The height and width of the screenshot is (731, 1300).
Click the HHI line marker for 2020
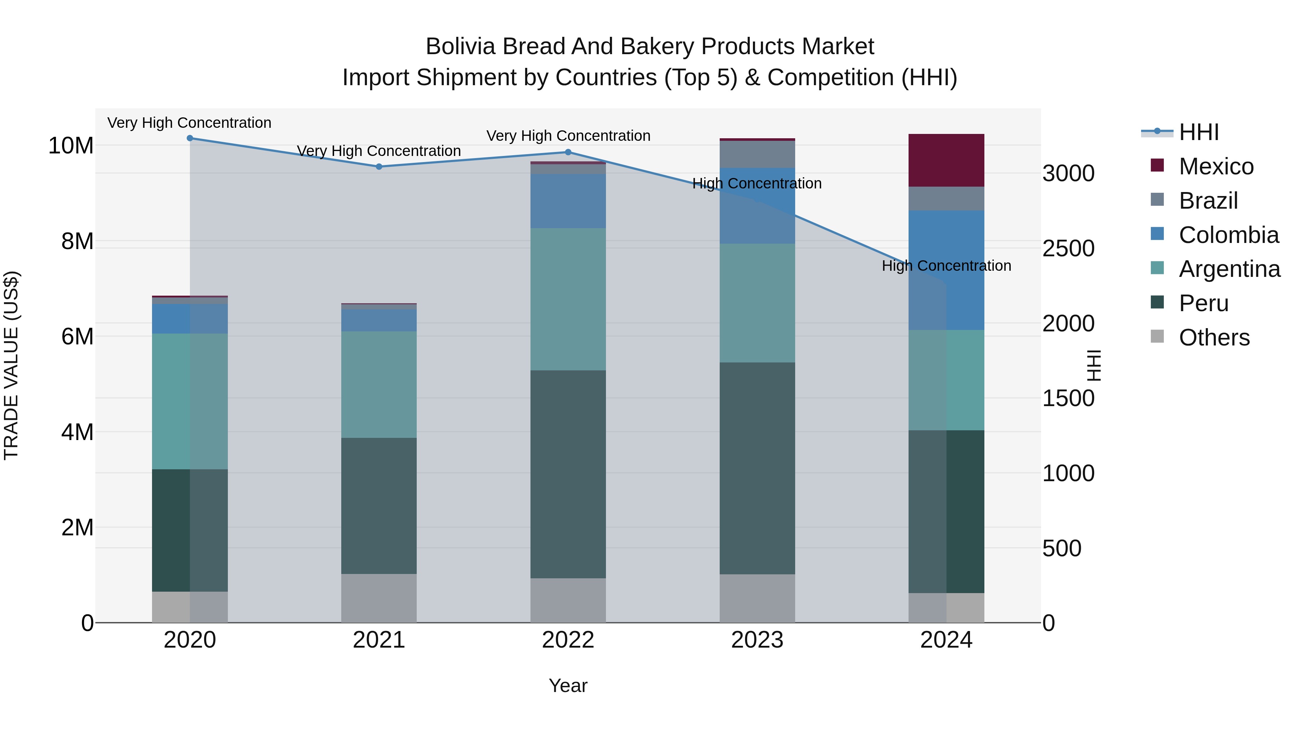pos(190,138)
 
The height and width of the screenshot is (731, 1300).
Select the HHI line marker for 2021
pos(379,166)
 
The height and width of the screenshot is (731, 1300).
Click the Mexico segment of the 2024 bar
pos(946,160)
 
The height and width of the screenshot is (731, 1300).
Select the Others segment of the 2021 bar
pos(379,598)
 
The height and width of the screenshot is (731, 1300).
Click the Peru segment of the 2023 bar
pos(757,468)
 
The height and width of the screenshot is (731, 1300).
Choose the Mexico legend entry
pos(1216,166)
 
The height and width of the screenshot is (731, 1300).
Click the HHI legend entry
pos(1198,132)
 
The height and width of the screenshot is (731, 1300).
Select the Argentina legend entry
pos(1229,269)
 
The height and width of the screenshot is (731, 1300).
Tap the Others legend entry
pos(1214,338)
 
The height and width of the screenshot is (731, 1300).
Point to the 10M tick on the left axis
pos(71,146)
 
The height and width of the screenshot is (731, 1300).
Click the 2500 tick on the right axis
pos(1069,249)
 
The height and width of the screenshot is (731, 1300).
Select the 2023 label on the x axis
pos(757,640)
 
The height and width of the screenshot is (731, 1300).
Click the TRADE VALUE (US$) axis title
pos(11,366)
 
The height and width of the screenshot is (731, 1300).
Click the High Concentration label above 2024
pos(946,266)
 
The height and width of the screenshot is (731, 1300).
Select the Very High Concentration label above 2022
pos(568,136)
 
